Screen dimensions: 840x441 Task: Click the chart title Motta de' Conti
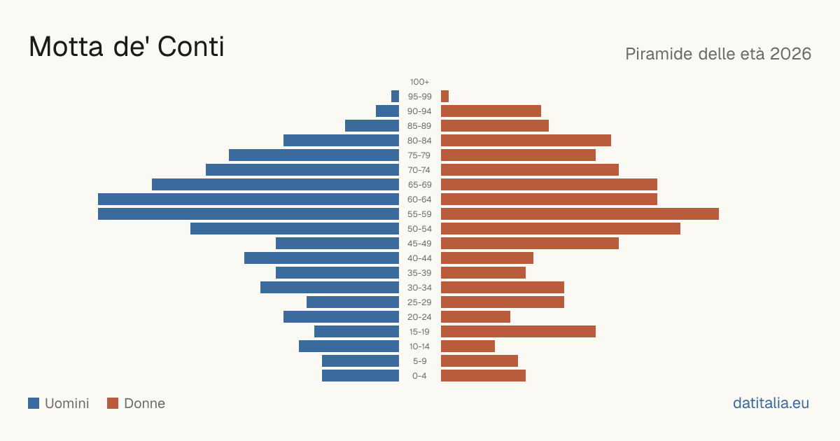pos(127,46)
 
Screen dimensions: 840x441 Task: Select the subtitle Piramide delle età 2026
pos(718,54)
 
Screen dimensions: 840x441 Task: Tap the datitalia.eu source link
pos(771,403)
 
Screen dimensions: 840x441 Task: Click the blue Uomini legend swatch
pos(34,403)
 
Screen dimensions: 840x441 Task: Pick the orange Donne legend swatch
pos(113,403)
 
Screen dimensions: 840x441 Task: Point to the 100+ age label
pos(419,82)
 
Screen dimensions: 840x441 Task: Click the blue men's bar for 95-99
pos(395,97)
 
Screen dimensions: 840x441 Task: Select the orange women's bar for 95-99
pos(444,97)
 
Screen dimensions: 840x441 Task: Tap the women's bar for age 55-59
pos(580,213)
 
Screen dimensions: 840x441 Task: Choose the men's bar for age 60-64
pos(248,199)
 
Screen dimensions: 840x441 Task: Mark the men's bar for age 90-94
pos(387,111)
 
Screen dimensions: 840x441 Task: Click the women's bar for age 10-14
pos(468,346)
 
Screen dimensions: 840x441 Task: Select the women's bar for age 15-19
pos(518,332)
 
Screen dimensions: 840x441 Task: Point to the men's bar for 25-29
pos(353,302)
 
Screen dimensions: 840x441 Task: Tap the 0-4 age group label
pos(419,376)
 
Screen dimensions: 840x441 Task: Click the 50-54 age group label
pos(419,229)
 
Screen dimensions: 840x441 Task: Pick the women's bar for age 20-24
pos(475,317)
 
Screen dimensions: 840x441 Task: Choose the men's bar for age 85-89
pos(372,125)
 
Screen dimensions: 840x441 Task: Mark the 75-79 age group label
pos(419,155)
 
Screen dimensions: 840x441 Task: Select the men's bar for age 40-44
pos(321,258)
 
